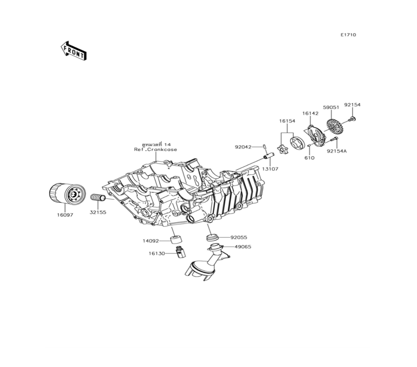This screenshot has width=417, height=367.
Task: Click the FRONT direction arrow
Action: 74,50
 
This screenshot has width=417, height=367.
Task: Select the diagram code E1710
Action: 348,35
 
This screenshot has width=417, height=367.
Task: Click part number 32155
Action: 98,212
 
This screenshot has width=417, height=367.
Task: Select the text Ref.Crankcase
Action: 156,149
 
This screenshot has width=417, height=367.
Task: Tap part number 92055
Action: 239,238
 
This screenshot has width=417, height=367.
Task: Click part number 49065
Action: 243,246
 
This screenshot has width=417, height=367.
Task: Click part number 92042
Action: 243,147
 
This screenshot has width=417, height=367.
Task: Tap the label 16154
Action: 287,121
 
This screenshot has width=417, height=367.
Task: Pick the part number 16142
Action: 310,113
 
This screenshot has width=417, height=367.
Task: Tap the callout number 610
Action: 309,158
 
